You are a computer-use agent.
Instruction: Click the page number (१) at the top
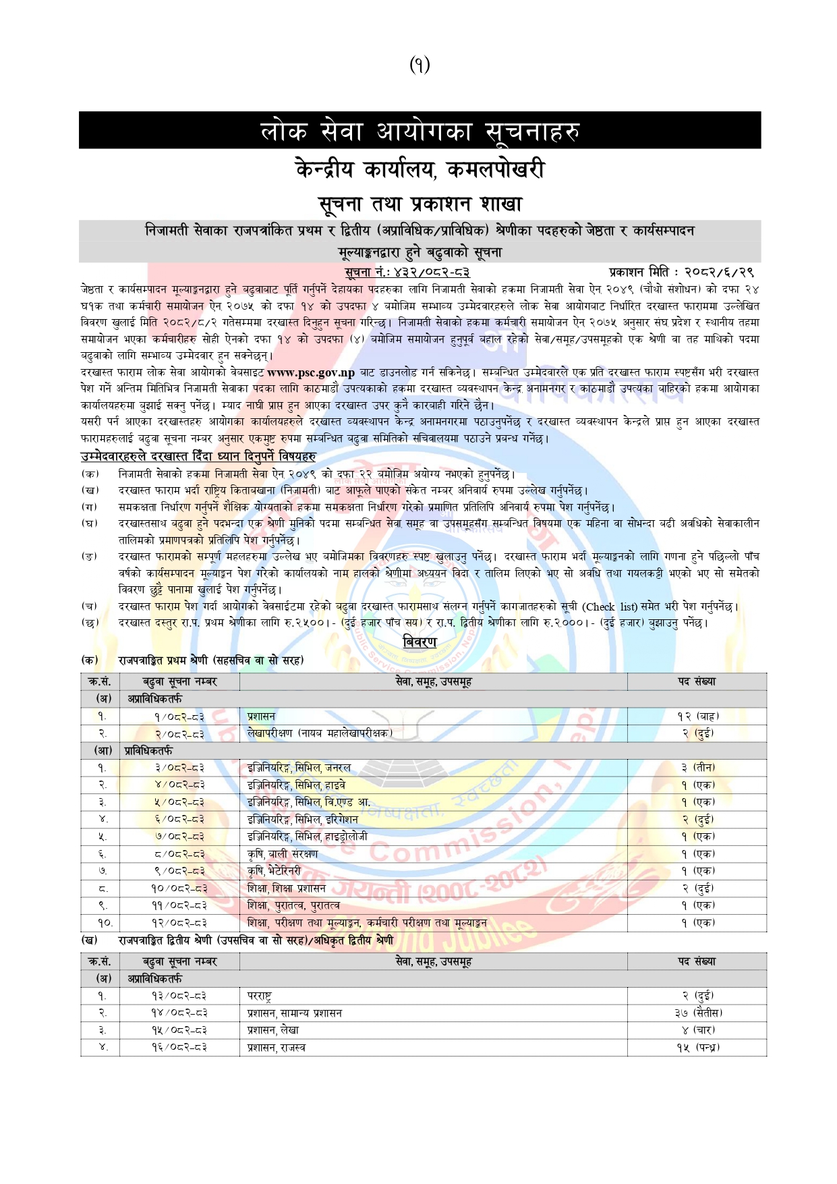[419, 65]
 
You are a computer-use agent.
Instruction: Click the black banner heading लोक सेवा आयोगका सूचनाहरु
[419, 130]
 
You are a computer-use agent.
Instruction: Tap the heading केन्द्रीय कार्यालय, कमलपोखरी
[419, 169]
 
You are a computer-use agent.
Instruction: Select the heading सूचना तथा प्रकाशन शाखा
[419, 203]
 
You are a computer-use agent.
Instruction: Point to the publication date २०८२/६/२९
[719, 273]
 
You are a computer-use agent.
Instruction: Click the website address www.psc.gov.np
[311, 372]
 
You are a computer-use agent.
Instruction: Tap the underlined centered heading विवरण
[419, 642]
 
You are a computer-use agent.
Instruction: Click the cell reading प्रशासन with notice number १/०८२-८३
[261, 716]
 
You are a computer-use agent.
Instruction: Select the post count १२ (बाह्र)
[698, 716]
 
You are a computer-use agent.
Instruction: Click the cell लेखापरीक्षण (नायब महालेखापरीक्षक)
[320, 733]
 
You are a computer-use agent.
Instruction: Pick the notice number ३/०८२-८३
[179, 768]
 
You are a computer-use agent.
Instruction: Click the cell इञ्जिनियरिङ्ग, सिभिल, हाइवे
[297, 785]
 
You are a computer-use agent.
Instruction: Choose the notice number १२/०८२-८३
[179, 923]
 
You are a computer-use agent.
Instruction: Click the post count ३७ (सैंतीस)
[698, 1013]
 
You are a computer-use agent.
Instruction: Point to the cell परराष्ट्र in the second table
[260, 996]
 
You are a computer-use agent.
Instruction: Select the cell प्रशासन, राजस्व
[277, 1048]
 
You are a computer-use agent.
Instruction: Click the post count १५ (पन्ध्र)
[698, 1048]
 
